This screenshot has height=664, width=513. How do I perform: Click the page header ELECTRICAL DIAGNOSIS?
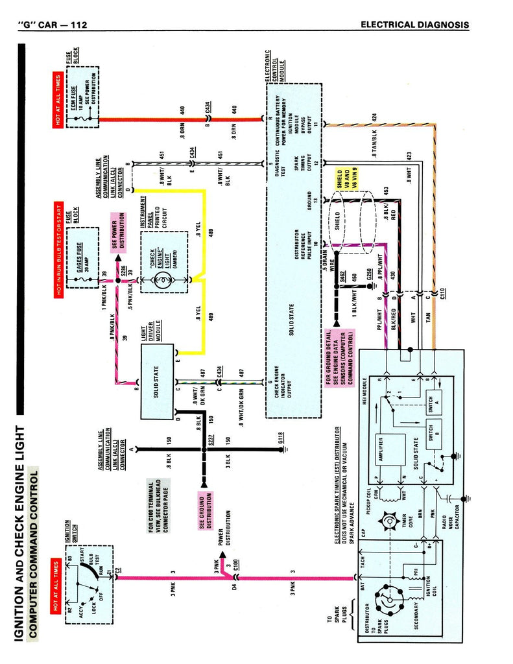[414, 25]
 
